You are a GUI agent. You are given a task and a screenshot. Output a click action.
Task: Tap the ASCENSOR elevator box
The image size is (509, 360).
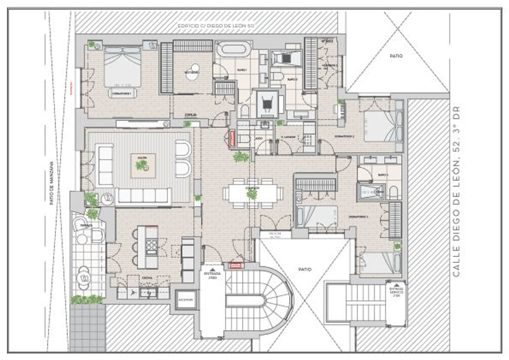(186, 300)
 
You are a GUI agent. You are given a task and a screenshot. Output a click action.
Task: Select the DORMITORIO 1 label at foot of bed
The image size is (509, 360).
(122, 93)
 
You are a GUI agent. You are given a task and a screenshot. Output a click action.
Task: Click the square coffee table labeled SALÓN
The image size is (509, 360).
(143, 166)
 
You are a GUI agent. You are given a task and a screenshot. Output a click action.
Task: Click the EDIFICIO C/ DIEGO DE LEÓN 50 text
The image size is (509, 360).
(216, 26)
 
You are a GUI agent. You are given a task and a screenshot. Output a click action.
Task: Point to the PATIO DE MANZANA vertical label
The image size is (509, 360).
(52, 183)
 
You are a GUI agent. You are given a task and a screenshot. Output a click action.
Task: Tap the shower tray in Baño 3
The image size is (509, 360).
(372, 192)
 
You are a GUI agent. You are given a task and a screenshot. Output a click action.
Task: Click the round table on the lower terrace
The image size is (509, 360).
(83, 278)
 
